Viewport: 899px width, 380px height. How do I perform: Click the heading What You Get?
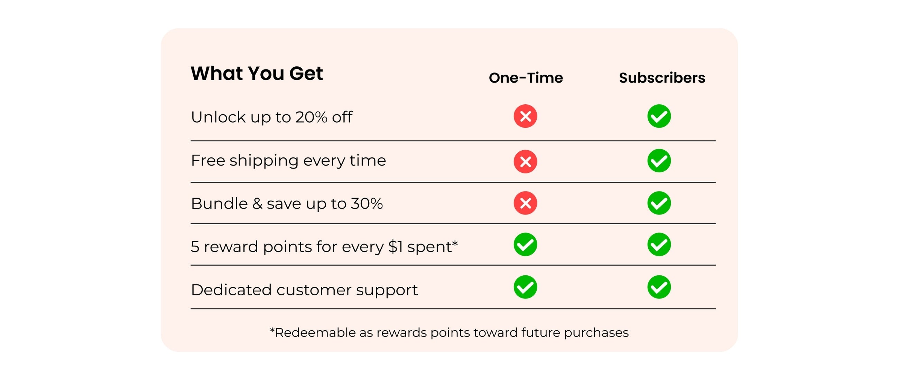pyautogui.click(x=257, y=73)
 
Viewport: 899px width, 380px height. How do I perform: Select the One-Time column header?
pyautogui.click(x=526, y=78)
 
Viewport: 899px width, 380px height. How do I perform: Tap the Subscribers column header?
pyautogui.click(x=662, y=78)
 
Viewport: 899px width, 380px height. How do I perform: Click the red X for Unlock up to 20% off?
pyautogui.click(x=525, y=116)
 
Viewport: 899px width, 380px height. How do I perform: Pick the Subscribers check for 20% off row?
pyautogui.click(x=659, y=116)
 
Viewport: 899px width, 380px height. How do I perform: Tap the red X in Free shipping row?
pyautogui.click(x=525, y=161)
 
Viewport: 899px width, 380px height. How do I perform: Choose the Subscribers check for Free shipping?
pyautogui.click(x=659, y=161)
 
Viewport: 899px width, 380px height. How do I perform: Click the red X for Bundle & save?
pyautogui.click(x=525, y=203)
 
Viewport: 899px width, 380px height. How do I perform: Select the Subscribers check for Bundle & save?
pyautogui.click(x=659, y=203)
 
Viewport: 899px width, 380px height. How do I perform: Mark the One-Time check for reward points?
pyautogui.click(x=525, y=244)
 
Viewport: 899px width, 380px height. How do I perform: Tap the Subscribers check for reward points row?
pyautogui.click(x=659, y=244)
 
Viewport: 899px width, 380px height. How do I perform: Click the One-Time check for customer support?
pyautogui.click(x=525, y=287)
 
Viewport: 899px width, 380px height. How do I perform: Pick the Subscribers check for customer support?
pyautogui.click(x=659, y=287)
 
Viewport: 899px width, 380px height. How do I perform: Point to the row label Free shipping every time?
pyautogui.click(x=288, y=161)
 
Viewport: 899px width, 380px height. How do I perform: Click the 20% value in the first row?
pyautogui.click(x=311, y=117)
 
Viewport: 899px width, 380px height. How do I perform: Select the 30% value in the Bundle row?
pyautogui.click(x=367, y=203)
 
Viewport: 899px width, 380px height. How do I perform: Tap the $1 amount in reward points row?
pyautogui.click(x=396, y=247)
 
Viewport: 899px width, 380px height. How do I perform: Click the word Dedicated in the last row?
pyautogui.click(x=231, y=290)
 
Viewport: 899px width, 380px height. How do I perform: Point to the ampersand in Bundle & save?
pyautogui.click(x=257, y=203)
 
